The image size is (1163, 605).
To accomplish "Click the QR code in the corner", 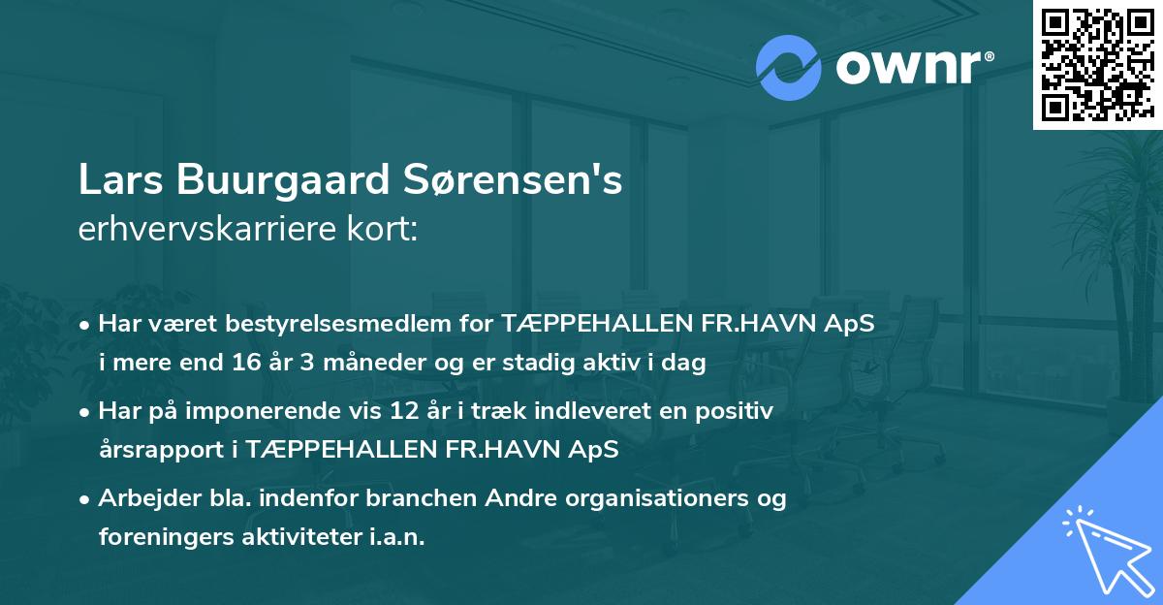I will tap(1097, 64).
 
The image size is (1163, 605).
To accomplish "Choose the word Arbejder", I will tap(143, 498).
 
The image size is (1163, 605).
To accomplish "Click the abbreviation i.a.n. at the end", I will tap(396, 538).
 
